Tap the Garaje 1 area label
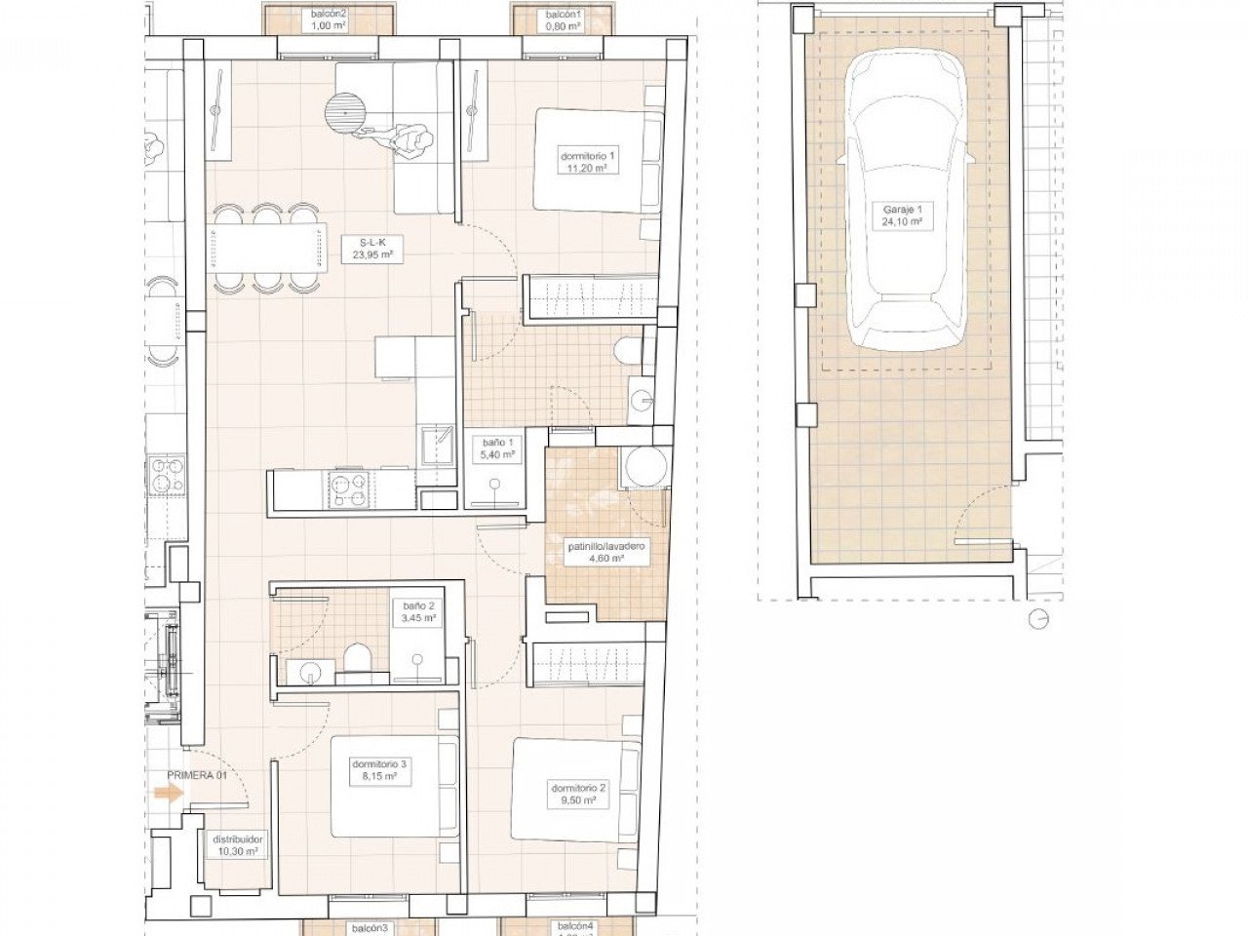click(x=898, y=215)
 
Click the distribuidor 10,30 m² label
click(x=237, y=844)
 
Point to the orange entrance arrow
click(x=169, y=794)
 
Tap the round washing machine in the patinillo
click(x=643, y=467)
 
